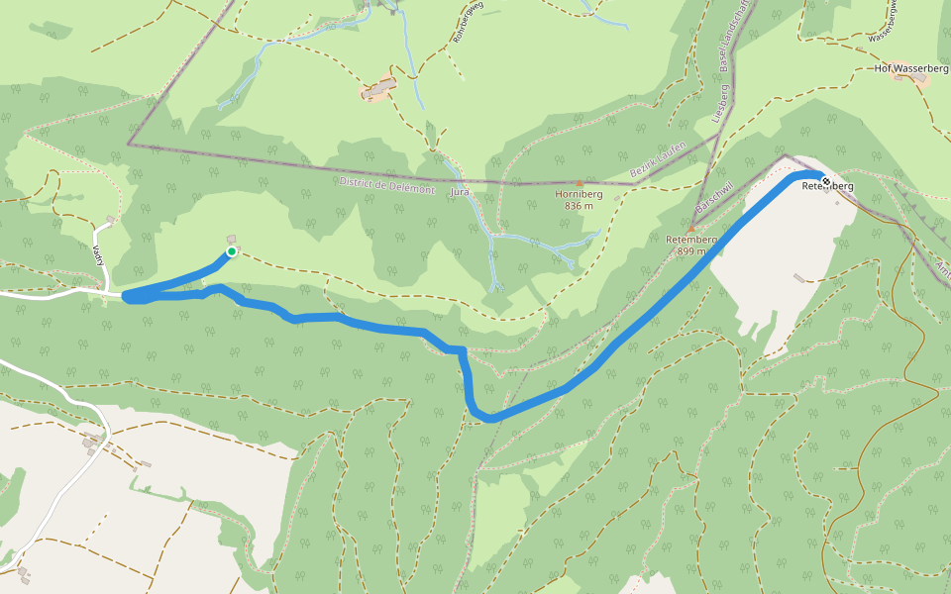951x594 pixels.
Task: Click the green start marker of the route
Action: [231, 251]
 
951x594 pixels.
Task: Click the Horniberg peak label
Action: [579, 195]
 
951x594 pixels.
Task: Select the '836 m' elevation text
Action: [579, 206]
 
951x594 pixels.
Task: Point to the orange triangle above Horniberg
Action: [579, 183]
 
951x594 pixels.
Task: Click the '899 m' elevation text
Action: [690, 250]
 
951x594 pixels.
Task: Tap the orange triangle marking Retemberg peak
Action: [690, 229]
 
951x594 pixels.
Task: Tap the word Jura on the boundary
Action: [459, 191]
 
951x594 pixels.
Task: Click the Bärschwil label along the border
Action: [714, 192]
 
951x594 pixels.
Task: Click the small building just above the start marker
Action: [232, 239]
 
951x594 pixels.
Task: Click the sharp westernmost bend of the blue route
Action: [127, 296]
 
